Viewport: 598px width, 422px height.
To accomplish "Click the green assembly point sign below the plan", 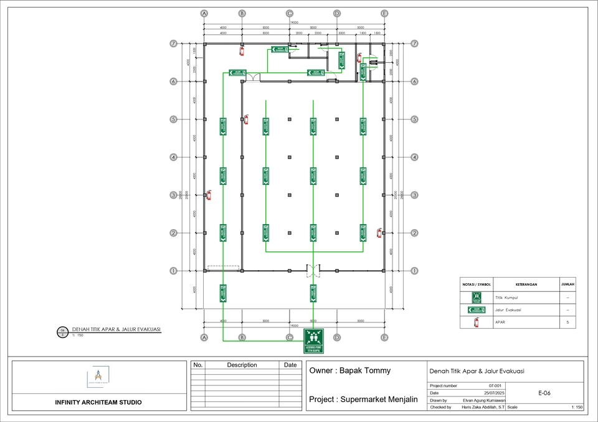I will click(x=314, y=341).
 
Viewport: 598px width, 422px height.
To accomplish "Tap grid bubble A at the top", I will click(x=204, y=13).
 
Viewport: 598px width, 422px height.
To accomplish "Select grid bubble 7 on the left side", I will click(x=173, y=44).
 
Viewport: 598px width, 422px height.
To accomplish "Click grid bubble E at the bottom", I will click(x=384, y=337).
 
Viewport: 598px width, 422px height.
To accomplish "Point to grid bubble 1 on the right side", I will click(x=414, y=271).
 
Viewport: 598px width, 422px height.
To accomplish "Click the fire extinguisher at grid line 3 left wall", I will click(x=209, y=195).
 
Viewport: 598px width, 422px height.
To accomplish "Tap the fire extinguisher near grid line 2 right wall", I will click(x=379, y=233).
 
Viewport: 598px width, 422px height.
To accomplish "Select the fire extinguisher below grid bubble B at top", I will click(x=242, y=49).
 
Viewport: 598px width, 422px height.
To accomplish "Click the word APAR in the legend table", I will click(x=500, y=323).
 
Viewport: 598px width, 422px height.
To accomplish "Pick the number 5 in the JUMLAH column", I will click(x=567, y=323).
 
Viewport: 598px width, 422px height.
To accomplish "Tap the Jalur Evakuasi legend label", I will click(x=508, y=310).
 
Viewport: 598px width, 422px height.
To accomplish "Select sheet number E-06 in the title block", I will click(x=544, y=393).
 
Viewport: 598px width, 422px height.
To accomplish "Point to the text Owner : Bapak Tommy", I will click(x=349, y=370).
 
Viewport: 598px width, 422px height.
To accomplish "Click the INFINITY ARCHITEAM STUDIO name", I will click(x=98, y=402).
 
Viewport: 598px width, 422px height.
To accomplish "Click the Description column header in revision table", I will click(x=242, y=365).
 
